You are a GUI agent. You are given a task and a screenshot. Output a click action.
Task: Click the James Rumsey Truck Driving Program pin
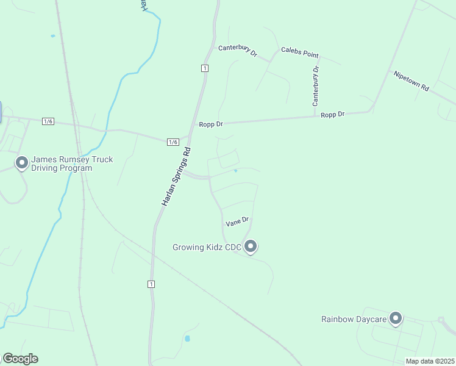(22, 163)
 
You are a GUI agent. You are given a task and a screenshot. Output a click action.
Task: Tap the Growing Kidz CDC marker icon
(251, 246)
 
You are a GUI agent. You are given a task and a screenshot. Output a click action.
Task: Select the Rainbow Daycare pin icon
(396, 318)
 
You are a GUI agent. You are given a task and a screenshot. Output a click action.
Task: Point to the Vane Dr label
(238, 221)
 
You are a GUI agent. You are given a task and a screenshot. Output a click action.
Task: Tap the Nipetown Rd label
(411, 81)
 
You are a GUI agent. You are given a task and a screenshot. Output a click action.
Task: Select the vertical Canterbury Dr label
(316, 86)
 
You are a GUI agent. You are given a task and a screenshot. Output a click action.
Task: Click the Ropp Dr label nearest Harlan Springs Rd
(211, 124)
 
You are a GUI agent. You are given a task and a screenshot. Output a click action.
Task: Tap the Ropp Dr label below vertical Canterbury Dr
(333, 115)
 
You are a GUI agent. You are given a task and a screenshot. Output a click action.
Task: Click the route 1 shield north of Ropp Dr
(205, 68)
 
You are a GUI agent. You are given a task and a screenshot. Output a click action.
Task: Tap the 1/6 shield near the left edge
(48, 121)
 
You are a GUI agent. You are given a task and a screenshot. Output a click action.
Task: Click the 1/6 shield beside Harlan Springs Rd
(173, 142)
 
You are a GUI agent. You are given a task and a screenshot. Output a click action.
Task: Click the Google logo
(20, 359)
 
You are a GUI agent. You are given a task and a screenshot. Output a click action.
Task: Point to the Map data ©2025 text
(430, 361)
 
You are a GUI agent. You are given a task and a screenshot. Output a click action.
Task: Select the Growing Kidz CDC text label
(207, 247)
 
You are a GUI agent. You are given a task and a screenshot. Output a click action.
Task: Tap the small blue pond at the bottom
(187, 338)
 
